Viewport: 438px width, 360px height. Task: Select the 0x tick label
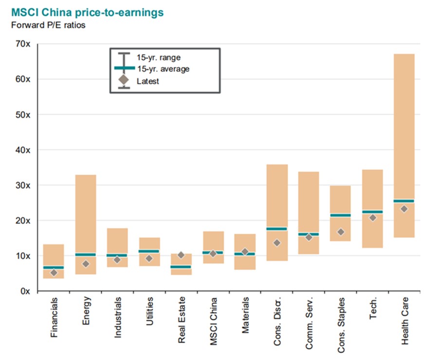pos(25,291)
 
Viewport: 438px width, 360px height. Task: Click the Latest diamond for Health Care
pos(404,209)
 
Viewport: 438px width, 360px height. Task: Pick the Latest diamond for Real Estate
pos(181,255)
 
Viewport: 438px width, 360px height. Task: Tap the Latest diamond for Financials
pos(54,272)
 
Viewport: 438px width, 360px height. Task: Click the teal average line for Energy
pos(85,254)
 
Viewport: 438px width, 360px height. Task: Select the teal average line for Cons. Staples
pos(340,215)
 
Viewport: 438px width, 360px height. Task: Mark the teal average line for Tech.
pos(372,212)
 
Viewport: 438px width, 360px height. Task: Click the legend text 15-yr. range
pos(158,57)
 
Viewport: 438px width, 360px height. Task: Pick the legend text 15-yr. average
pos(163,69)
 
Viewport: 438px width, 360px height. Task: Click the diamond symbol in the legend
pos(124,80)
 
